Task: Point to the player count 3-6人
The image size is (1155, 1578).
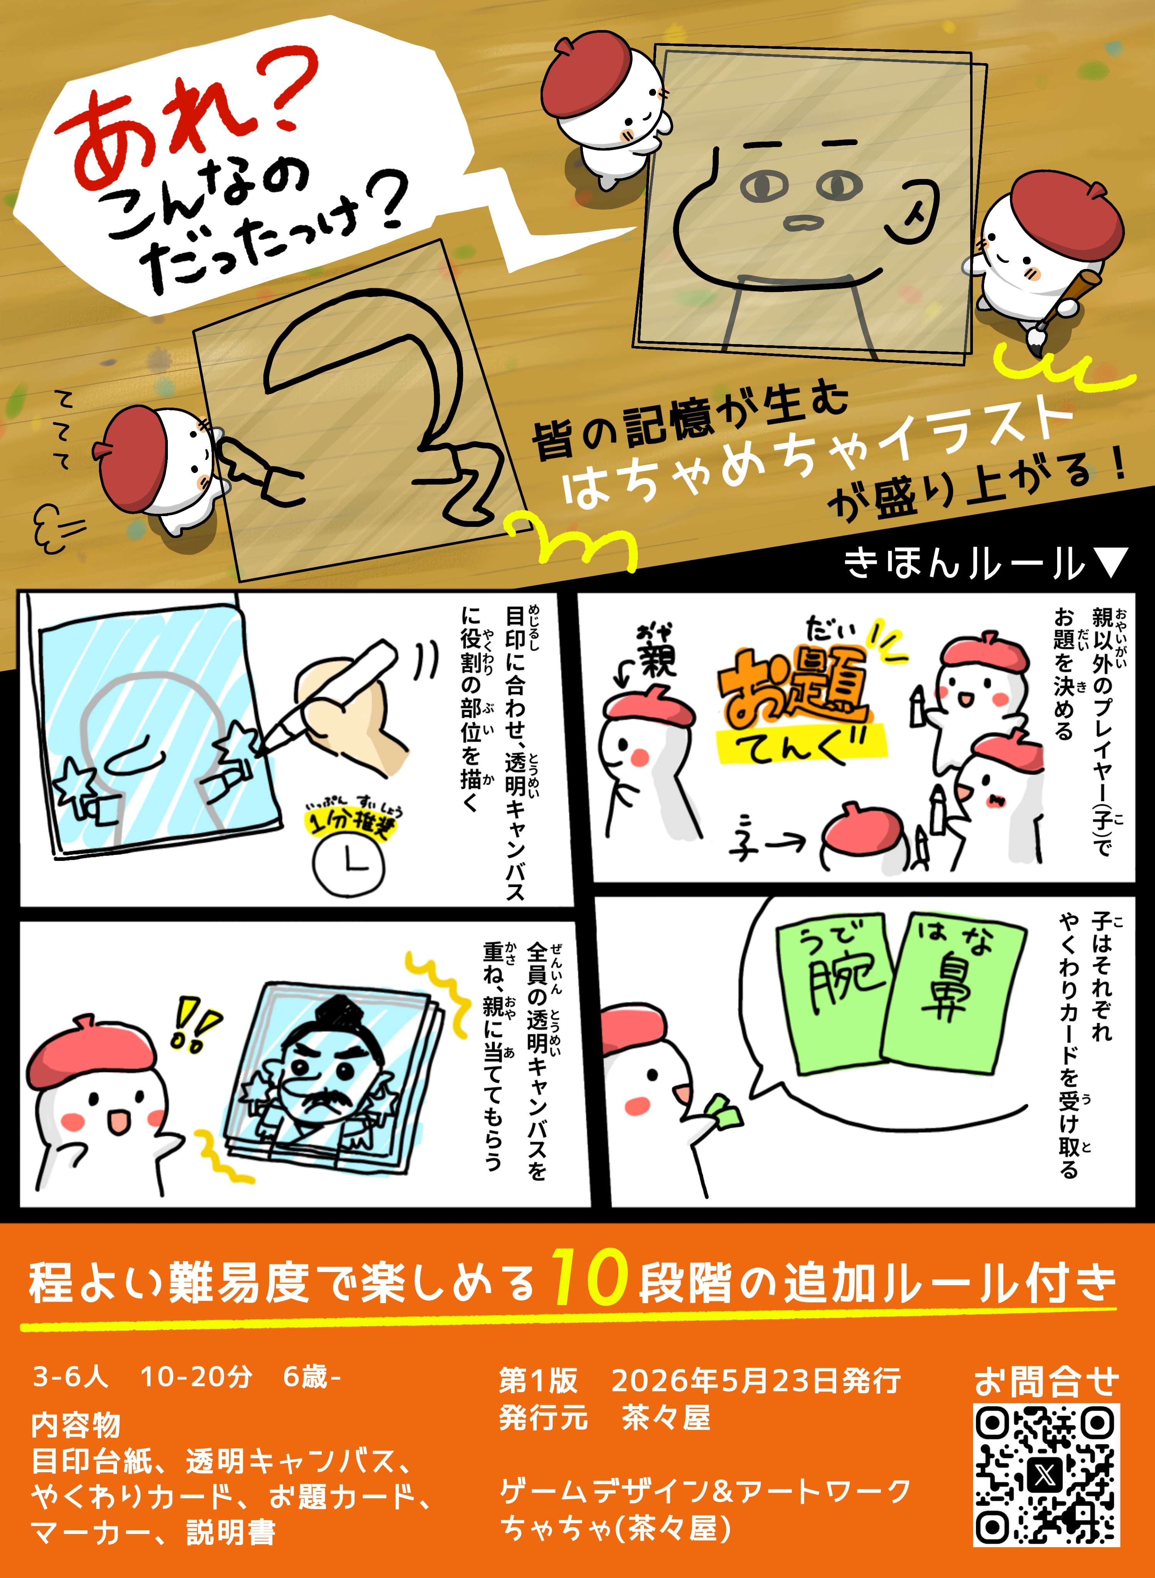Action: [70, 1377]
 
